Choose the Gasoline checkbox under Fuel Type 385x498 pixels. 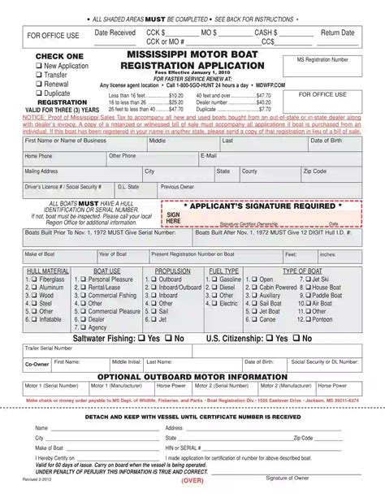214,279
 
